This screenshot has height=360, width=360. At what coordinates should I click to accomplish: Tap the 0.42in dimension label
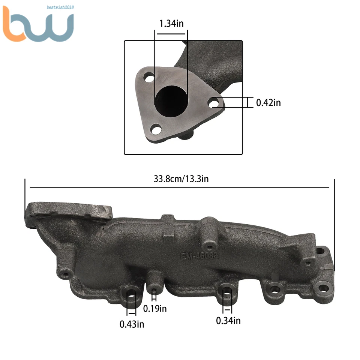click(x=268, y=102)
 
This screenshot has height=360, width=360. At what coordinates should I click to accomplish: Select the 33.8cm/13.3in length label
click(x=181, y=179)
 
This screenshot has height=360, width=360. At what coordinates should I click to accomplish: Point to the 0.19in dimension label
click(x=155, y=309)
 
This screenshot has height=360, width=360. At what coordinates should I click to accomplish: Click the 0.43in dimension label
click(x=132, y=324)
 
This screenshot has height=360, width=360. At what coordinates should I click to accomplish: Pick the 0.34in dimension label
click(x=228, y=320)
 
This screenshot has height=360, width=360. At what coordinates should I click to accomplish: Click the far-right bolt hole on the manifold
click(x=323, y=288)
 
